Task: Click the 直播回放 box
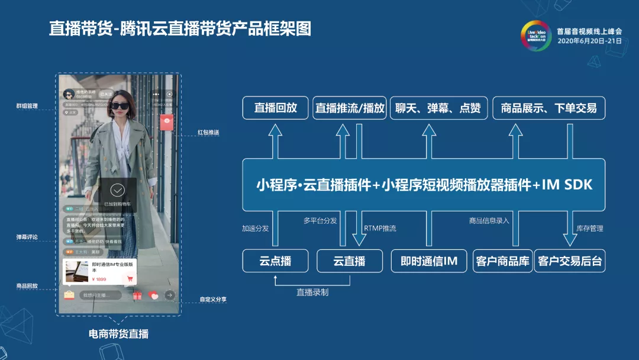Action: click(276, 108)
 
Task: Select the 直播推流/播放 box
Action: click(350, 108)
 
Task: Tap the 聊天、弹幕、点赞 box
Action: click(438, 108)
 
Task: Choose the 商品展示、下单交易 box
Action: click(548, 108)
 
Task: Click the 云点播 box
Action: click(275, 261)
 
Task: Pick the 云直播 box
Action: click(350, 261)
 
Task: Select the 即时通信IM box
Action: click(429, 261)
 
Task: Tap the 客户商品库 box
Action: click(503, 261)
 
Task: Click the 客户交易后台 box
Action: click(570, 261)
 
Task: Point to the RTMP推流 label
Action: click(380, 229)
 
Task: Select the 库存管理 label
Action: click(590, 229)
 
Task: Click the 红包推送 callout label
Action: click(208, 132)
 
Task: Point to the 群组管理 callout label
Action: click(27, 106)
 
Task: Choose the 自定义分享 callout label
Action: click(213, 300)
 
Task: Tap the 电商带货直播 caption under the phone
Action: click(118, 334)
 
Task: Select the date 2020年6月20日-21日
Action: click(590, 41)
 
